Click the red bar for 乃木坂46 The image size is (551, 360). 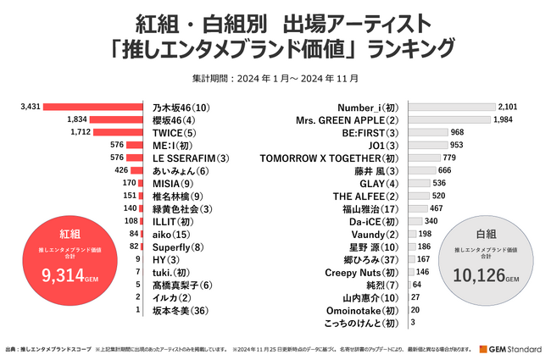[92, 108]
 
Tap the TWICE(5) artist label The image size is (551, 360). [174, 133]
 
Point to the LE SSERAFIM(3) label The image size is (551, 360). [191, 158]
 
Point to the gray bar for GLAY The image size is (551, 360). [419, 183]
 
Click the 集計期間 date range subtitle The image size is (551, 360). [275, 78]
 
